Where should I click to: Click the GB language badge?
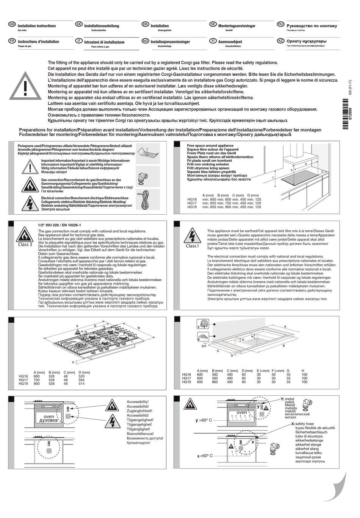(x=11, y=24)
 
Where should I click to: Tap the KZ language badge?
(x=281, y=41)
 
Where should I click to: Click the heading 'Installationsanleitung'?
(x=102, y=26)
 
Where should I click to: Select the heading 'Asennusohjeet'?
(x=230, y=42)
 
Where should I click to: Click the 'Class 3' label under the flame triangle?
(x=25, y=245)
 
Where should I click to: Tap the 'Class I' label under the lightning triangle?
(x=192, y=246)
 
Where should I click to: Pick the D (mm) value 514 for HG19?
(x=81, y=383)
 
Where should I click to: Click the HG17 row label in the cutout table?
(x=186, y=378)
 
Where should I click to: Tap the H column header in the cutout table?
(x=303, y=370)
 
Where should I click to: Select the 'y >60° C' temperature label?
(x=204, y=420)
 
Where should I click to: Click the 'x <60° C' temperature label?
(x=205, y=456)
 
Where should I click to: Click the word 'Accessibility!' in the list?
(x=138, y=401)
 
